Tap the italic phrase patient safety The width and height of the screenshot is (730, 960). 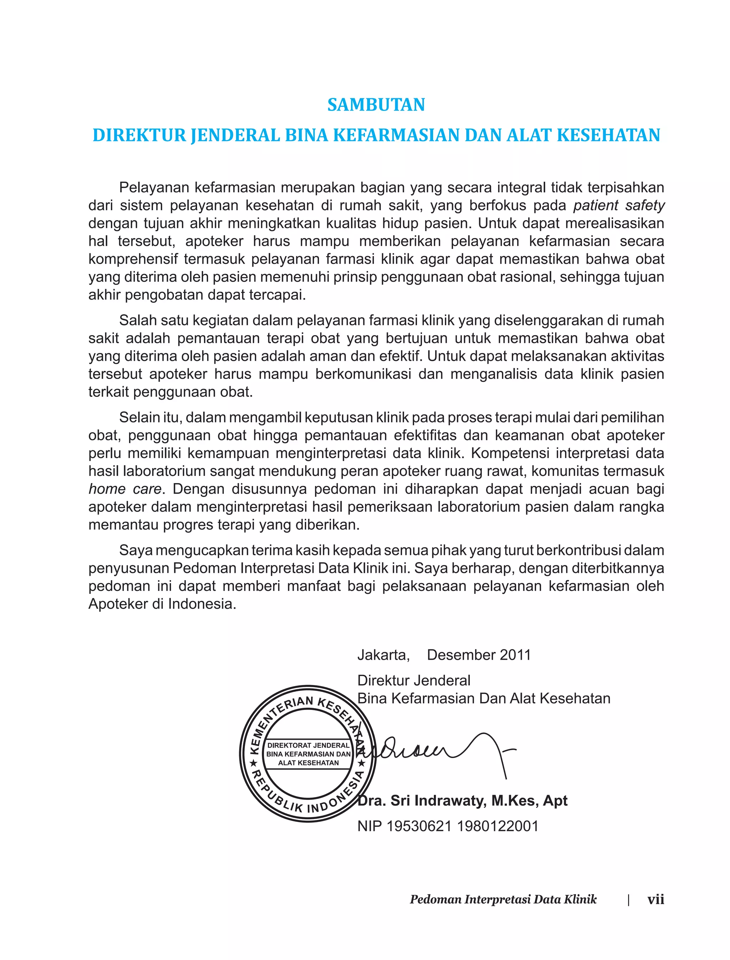coord(619,206)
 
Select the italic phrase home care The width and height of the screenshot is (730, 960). coord(125,489)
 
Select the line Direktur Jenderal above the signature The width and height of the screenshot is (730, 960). coord(414,680)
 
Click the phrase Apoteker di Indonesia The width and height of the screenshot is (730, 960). coord(162,604)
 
